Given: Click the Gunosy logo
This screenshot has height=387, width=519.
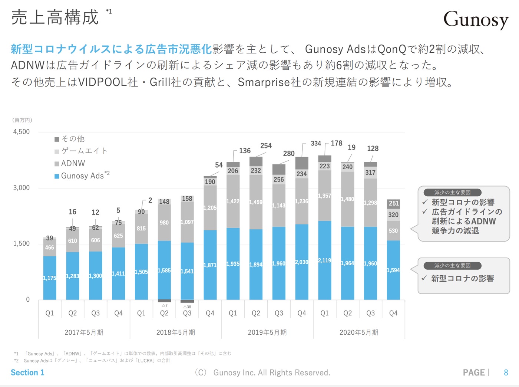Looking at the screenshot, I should [476, 19].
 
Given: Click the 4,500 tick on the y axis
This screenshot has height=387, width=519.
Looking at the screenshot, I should [22, 132].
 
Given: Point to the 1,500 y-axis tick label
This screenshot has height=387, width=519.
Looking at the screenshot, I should [22, 243].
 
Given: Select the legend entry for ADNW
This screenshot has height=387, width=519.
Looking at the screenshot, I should [73, 164].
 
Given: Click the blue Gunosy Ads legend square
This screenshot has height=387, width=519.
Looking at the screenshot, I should [57, 176].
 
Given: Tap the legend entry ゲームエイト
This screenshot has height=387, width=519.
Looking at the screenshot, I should [84, 151].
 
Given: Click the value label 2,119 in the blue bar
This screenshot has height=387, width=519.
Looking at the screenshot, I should [324, 260].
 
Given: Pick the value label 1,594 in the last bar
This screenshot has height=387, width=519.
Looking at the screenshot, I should [393, 270].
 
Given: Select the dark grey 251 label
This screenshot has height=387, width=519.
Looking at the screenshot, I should [394, 203].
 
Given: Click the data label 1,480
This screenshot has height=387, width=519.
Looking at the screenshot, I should [347, 199].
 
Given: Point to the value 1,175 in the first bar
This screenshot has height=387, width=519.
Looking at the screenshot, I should [50, 278].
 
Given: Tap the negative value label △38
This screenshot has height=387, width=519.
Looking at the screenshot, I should [187, 307].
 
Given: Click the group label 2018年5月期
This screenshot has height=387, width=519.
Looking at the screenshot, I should [176, 332].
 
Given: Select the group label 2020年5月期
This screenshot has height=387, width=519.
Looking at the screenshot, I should [359, 332].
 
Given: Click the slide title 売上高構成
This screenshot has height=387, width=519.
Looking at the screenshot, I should [55, 18].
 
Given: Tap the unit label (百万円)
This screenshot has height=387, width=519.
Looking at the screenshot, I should [22, 120].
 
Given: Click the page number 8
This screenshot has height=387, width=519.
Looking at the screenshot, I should [506, 373].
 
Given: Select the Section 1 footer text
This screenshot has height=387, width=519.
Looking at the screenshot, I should [27, 373].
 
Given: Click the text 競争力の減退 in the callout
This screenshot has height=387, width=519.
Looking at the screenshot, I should [455, 231].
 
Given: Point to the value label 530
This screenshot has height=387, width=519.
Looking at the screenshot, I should [393, 231].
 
